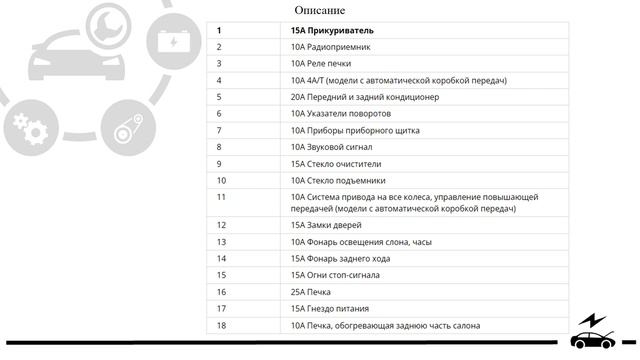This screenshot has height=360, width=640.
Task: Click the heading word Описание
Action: coord(320,10)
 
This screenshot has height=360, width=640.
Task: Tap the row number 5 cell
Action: coord(219,97)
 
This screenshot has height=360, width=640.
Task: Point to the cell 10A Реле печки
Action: coord(323,64)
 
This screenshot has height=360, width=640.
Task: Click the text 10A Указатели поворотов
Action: coord(341,114)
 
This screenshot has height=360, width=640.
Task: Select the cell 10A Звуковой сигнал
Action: coord(334,147)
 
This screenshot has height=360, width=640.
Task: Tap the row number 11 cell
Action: coord(221,197)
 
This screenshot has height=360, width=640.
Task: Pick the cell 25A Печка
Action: coord(310,292)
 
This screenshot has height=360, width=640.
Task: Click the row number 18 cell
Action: coord(221,326)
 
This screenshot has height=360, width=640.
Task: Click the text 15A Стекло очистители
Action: coord(336,164)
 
